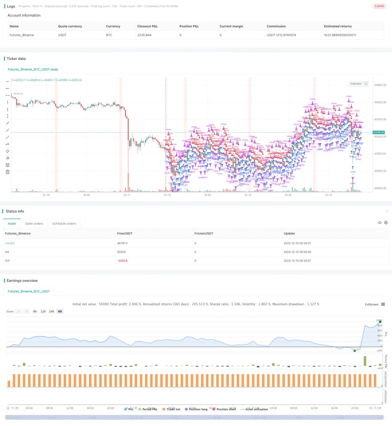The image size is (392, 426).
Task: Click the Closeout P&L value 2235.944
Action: point(144,35)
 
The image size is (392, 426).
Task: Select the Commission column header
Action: point(276,26)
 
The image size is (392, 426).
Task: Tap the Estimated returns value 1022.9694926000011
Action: point(340,35)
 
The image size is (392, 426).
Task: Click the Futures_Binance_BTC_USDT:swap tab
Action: point(33,69)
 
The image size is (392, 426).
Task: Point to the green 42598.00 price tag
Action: point(379,132)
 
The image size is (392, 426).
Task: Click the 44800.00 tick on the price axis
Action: point(380,85)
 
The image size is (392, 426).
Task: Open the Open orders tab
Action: point(34,224)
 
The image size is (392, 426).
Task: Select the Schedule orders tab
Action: point(64,224)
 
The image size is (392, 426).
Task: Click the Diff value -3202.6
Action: point(122,261)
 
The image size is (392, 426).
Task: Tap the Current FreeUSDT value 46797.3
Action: point(122,243)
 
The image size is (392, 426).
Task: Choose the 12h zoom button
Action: point(43,311)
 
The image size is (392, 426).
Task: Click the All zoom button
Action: point(60,311)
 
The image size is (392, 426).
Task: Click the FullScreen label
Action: point(371,305)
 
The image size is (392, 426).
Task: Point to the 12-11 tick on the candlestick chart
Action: point(127,195)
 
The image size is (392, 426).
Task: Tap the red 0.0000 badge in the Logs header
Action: point(379,6)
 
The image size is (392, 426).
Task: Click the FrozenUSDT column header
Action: point(204,234)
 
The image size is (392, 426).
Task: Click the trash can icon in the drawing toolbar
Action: point(8,172)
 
